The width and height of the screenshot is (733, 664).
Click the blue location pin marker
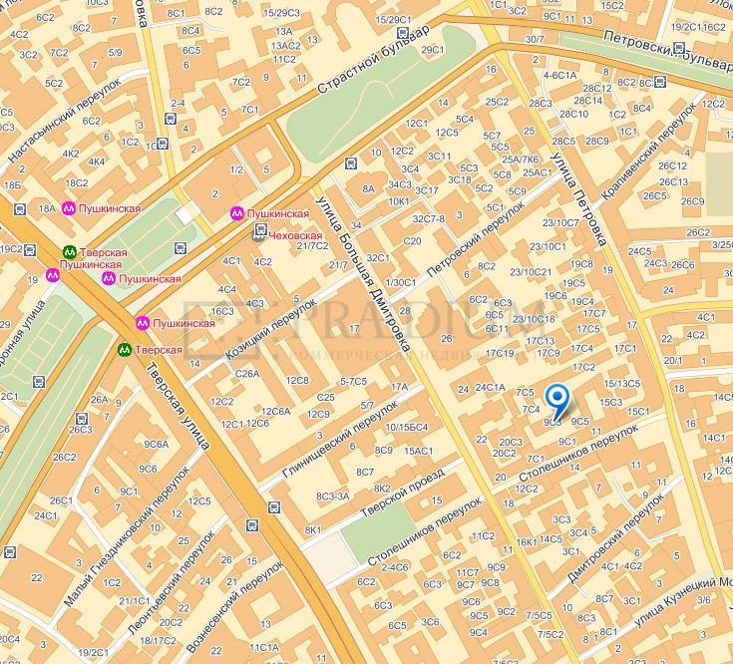tap(559, 402)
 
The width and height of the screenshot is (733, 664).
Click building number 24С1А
tap(491, 387)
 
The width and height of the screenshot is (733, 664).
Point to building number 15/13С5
tap(622, 383)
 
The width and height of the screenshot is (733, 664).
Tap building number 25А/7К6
tap(521, 159)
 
